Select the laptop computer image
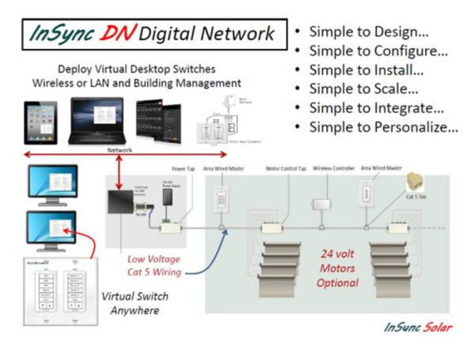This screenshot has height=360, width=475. (x=98, y=120)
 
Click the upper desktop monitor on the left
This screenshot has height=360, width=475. (x=53, y=183)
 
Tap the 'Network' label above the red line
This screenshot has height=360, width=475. (x=120, y=150)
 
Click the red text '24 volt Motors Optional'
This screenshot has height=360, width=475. (x=338, y=268)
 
